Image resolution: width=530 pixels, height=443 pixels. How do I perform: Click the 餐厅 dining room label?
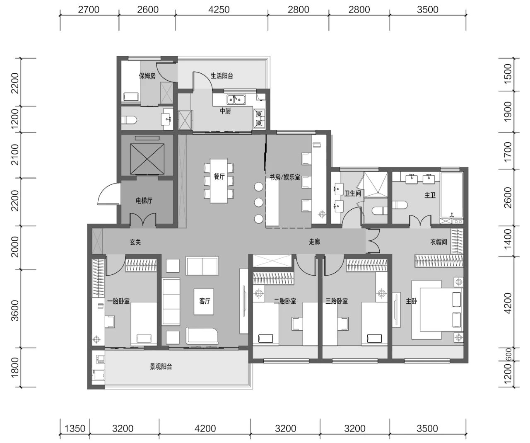point(219,176)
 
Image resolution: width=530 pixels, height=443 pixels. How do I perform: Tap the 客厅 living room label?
point(205,301)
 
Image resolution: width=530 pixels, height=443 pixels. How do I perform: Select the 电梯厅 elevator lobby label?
point(144,201)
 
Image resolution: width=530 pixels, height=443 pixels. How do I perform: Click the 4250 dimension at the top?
point(219,10)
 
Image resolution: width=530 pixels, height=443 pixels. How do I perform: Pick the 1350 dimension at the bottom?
point(75,428)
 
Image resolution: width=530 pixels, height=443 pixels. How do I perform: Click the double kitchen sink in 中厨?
point(236,99)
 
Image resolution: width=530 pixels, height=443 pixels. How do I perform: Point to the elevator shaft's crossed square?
point(147,159)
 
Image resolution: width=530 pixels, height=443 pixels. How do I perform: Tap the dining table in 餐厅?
point(219,181)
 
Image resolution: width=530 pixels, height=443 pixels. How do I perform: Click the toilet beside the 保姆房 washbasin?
point(129,120)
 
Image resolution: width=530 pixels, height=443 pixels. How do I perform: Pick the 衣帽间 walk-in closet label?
point(438,242)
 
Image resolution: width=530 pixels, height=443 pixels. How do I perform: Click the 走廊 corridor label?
point(314,242)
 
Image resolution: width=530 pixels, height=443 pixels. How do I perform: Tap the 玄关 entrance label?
point(135,242)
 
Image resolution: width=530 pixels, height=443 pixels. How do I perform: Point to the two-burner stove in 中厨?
point(259,119)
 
